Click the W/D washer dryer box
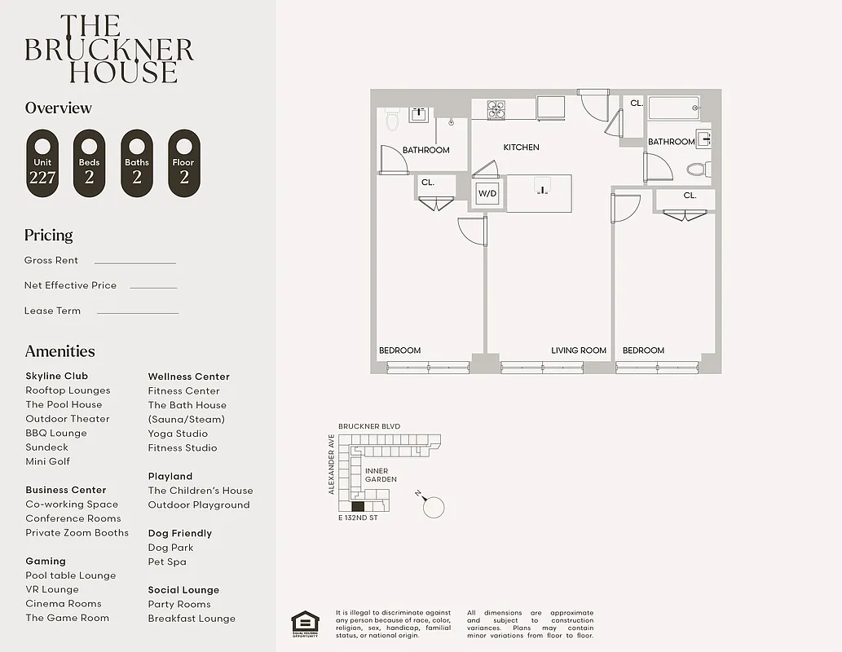487,194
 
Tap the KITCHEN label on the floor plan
521,148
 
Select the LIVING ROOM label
579,350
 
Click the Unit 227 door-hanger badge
42,163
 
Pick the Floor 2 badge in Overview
183,163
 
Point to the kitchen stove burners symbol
497,109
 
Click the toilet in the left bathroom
392,121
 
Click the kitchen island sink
540,190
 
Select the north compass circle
434,507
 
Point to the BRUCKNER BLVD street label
370,426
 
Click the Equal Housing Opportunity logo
306,623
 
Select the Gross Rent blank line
134,262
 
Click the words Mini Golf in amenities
47,461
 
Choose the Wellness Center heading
188,377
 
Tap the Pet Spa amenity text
167,562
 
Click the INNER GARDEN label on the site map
381,475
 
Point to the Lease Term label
52,311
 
